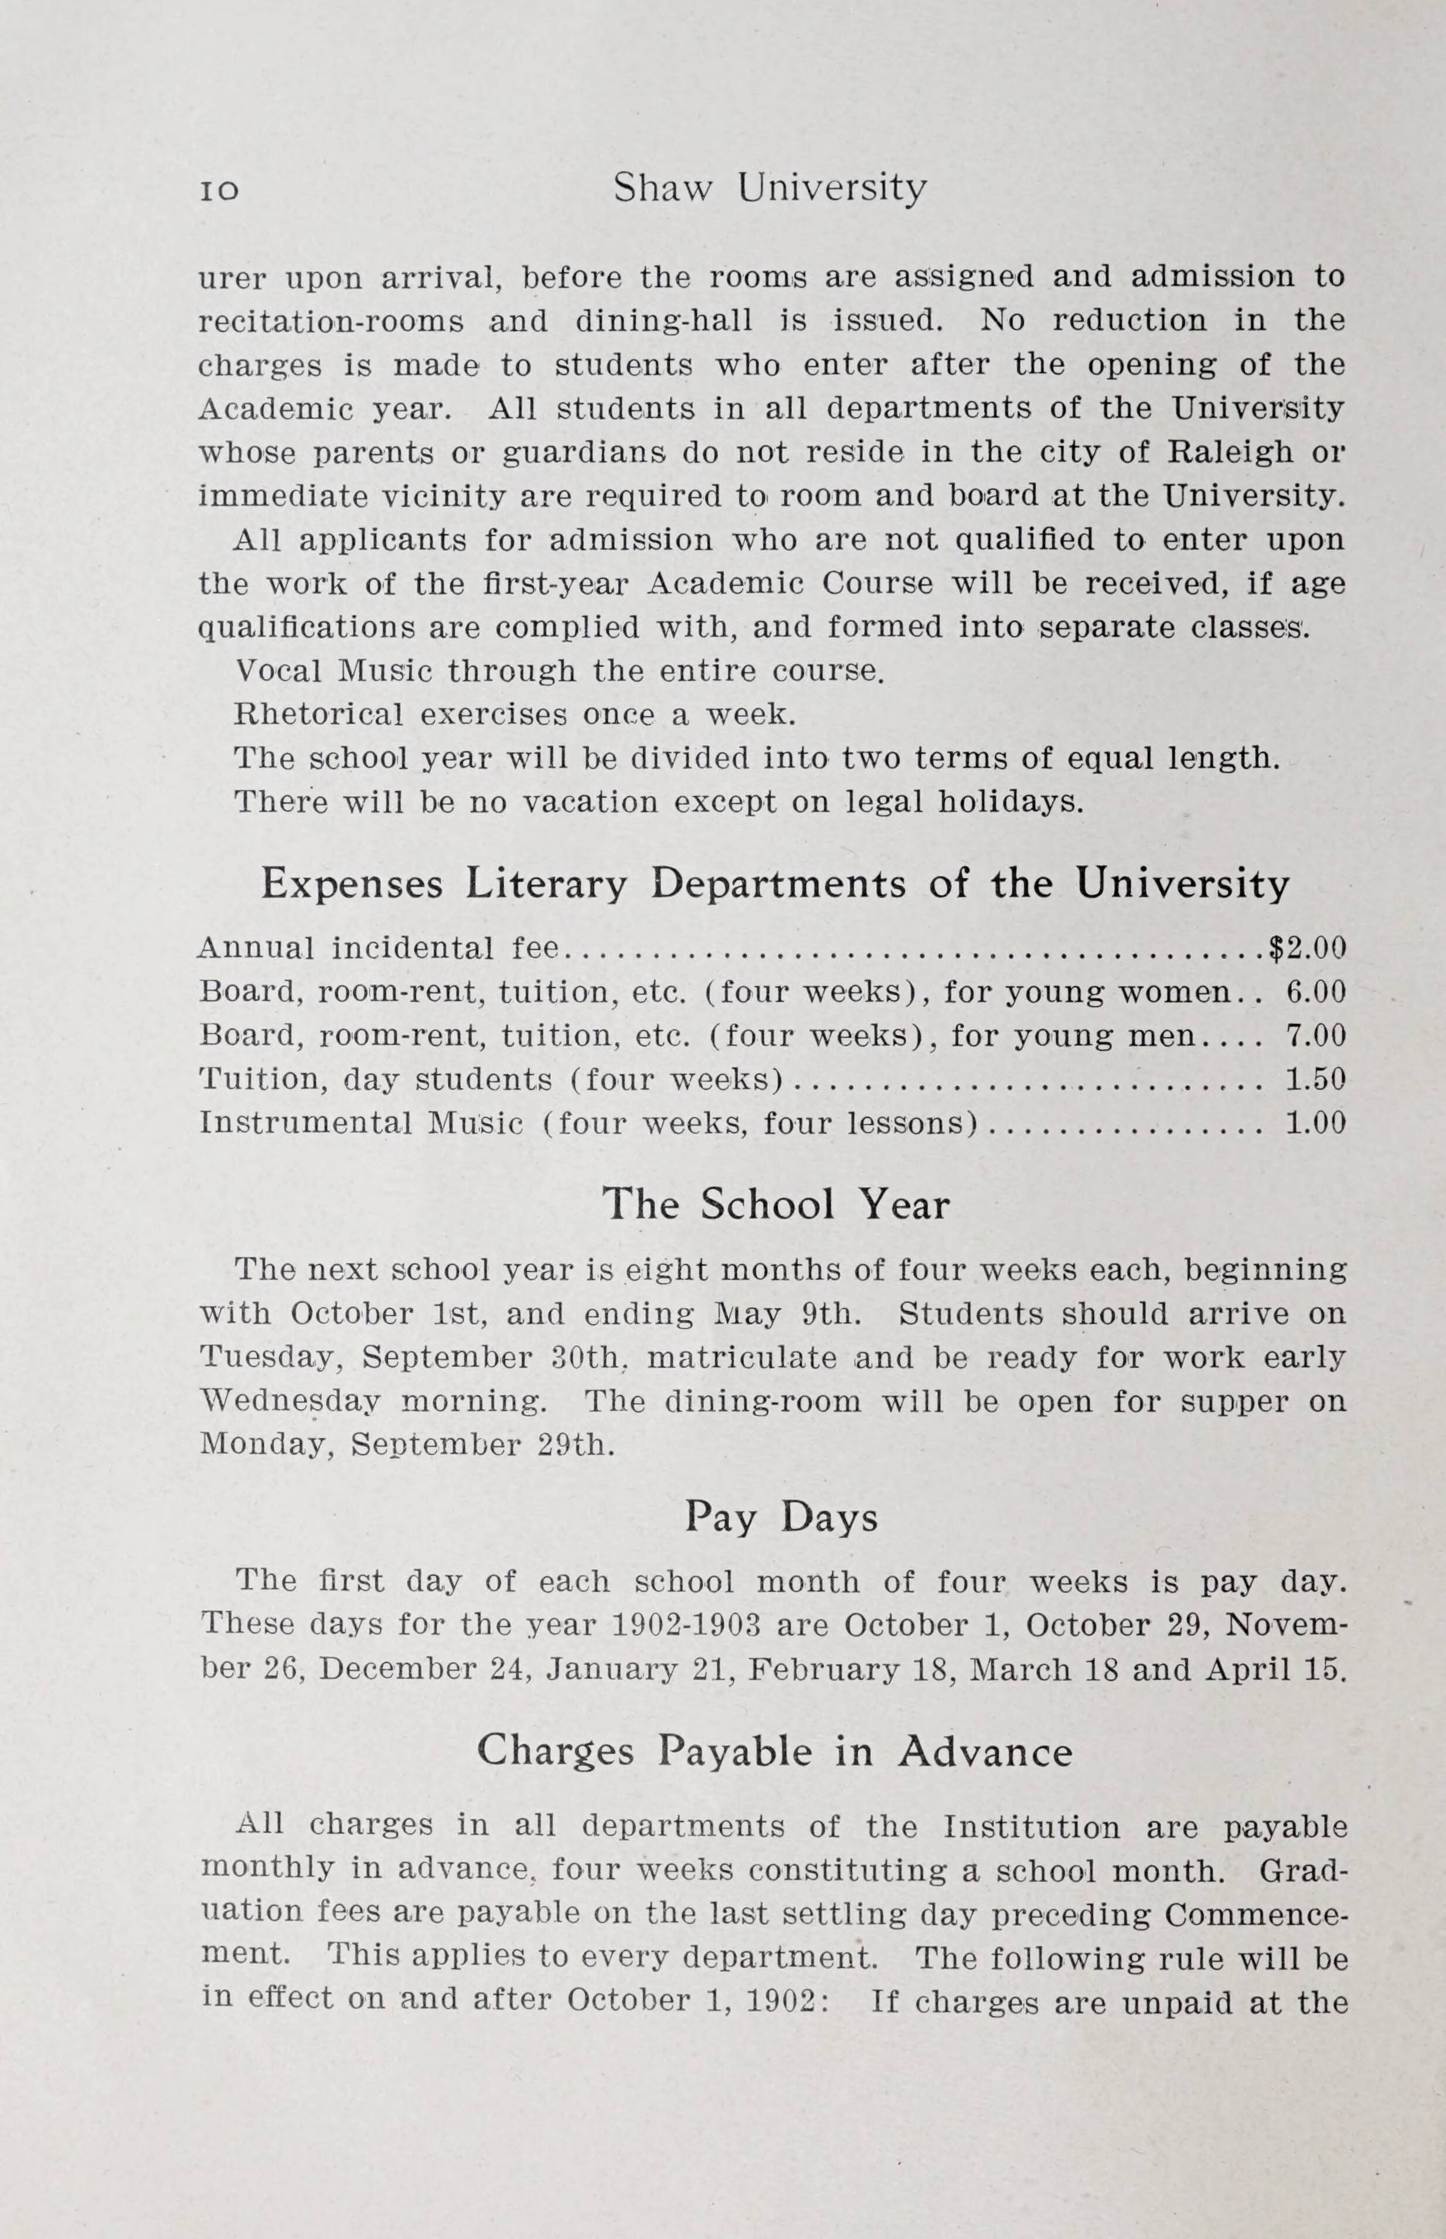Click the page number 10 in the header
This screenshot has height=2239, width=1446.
click(x=219, y=190)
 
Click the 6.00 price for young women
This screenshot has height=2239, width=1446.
click(x=1315, y=992)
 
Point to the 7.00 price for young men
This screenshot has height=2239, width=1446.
click(x=1315, y=1036)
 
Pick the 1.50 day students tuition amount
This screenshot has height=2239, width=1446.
click(x=1315, y=1079)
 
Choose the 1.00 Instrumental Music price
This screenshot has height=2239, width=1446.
click(x=1315, y=1123)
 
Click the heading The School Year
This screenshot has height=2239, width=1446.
click(x=775, y=1205)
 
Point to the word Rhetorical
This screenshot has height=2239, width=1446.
click(x=317, y=715)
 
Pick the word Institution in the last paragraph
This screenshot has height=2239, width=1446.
click(x=1031, y=1827)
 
